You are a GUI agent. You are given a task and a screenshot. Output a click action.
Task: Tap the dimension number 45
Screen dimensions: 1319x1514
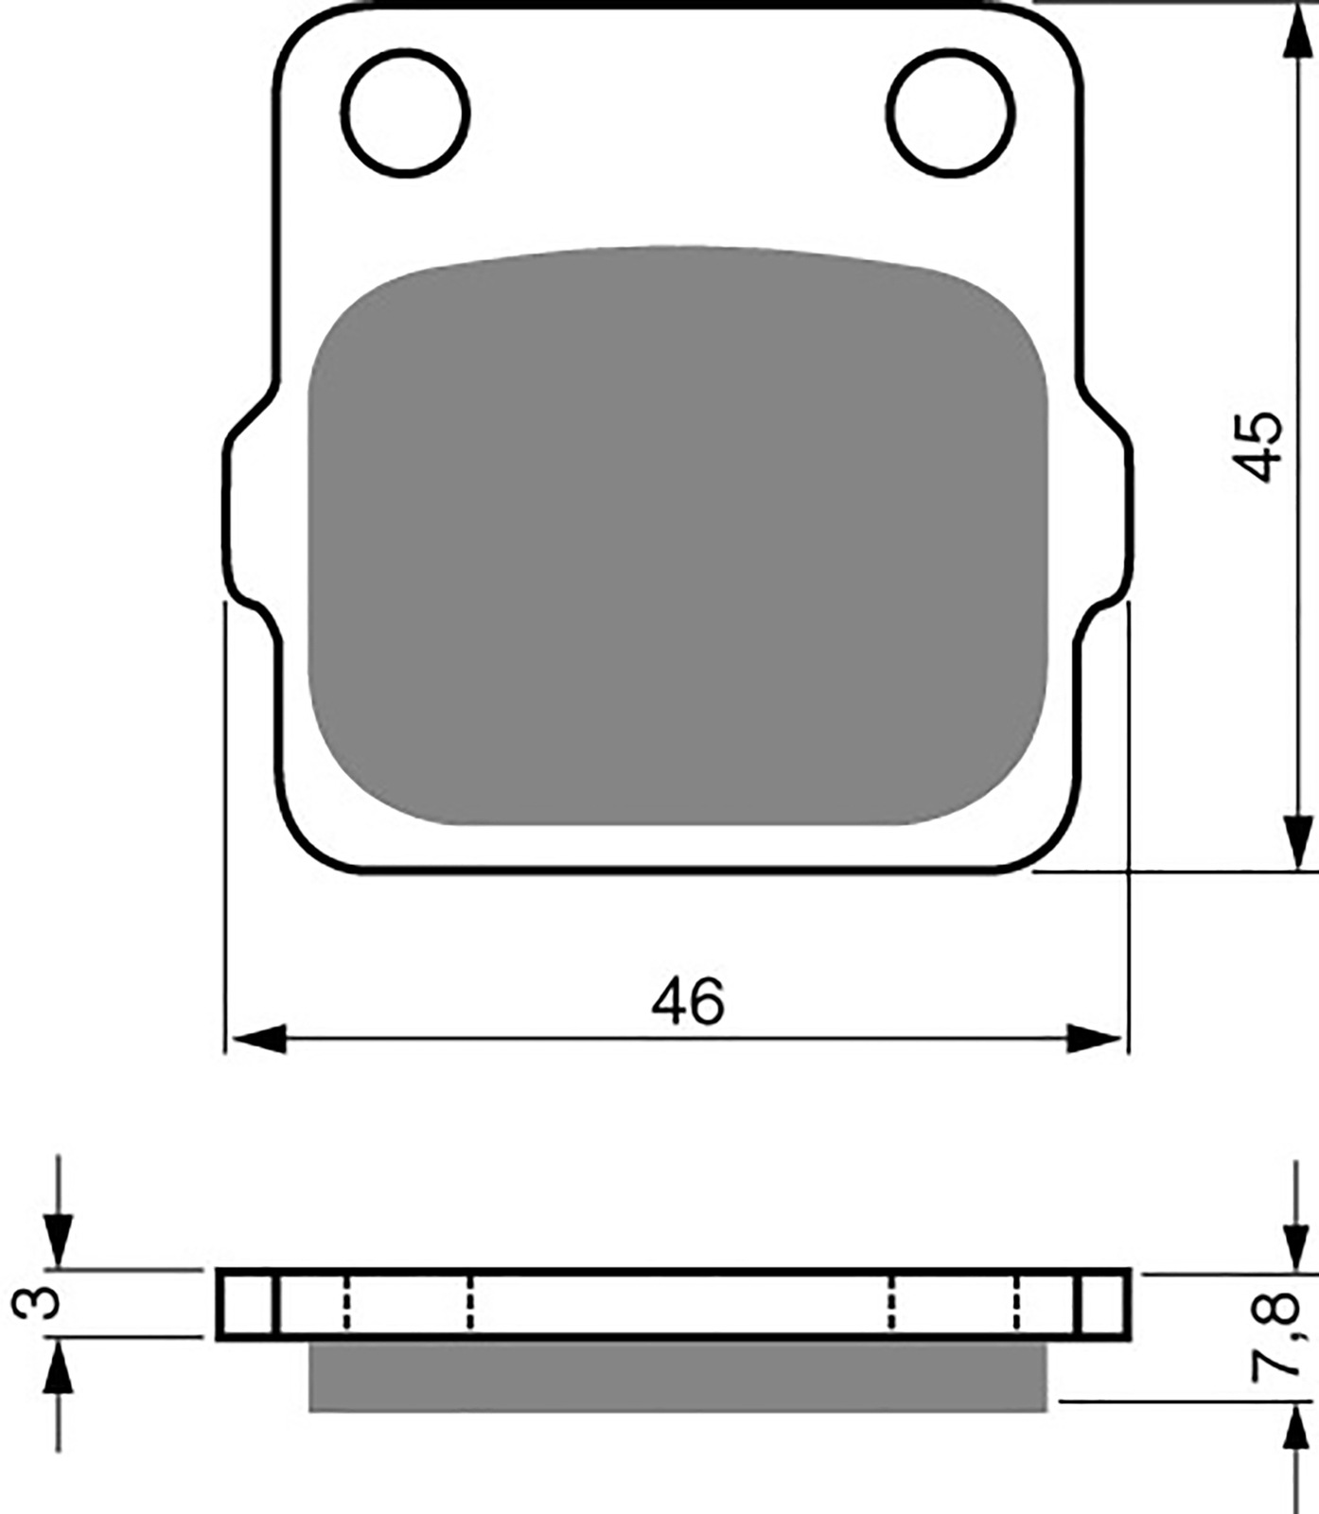pyautogui.click(x=1259, y=447)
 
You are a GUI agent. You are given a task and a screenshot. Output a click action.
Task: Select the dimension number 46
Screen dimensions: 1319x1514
pyautogui.click(x=688, y=1001)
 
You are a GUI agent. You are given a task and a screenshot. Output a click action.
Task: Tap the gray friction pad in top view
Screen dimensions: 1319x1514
pyautogui.click(x=677, y=536)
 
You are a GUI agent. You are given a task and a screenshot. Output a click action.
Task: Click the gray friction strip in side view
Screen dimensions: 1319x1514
pyautogui.click(x=677, y=1377)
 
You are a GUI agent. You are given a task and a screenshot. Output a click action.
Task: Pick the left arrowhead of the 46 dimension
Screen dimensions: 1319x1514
pyautogui.click(x=258, y=1038)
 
